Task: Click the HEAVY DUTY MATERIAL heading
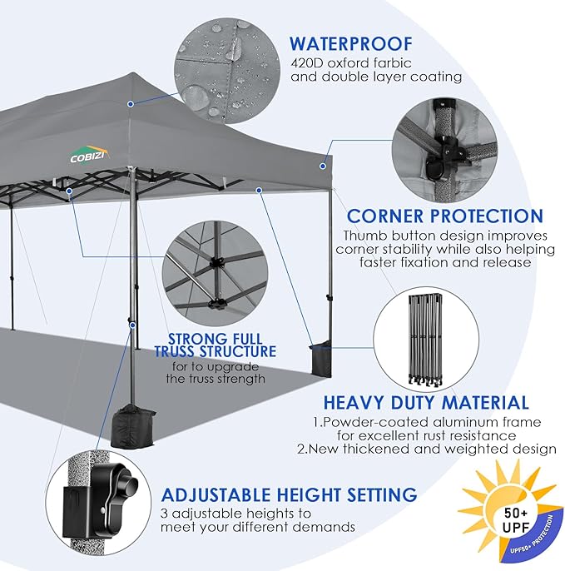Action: click(x=426, y=403)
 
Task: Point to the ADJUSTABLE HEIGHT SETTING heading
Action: click(x=289, y=494)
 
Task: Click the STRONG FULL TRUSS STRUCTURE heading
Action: click(x=216, y=346)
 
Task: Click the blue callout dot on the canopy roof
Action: click(x=130, y=104)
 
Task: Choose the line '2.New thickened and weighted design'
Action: click(x=427, y=449)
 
